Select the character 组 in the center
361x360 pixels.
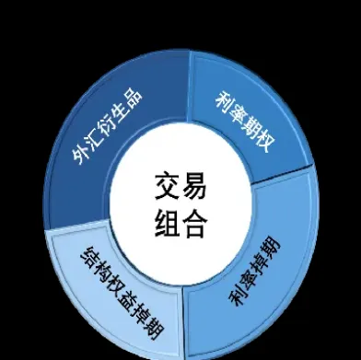point(167,224)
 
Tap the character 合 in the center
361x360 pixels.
point(196,224)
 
